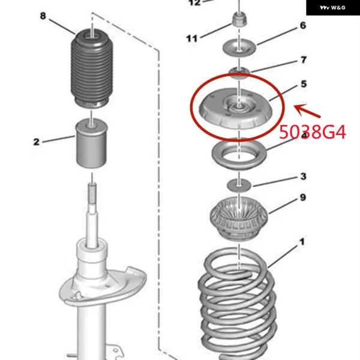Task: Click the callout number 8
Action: click(x=43, y=16)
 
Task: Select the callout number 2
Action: click(x=36, y=142)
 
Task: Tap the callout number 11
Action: click(x=192, y=38)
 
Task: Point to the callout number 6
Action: click(x=303, y=25)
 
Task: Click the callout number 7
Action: click(x=304, y=59)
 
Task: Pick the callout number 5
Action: click(x=304, y=84)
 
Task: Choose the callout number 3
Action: click(x=303, y=176)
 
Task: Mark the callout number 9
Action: click(x=303, y=197)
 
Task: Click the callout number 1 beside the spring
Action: click(x=302, y=242)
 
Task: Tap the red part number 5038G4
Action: click(x=313, y=132)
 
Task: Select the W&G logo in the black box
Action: click(x=332, y=8)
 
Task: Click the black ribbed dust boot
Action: click(x=92, y=68)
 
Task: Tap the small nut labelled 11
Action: click(x=239, y=20)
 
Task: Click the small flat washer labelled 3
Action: click(x=239, y=185)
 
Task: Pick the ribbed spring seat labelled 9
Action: click(x=239, y=218)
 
